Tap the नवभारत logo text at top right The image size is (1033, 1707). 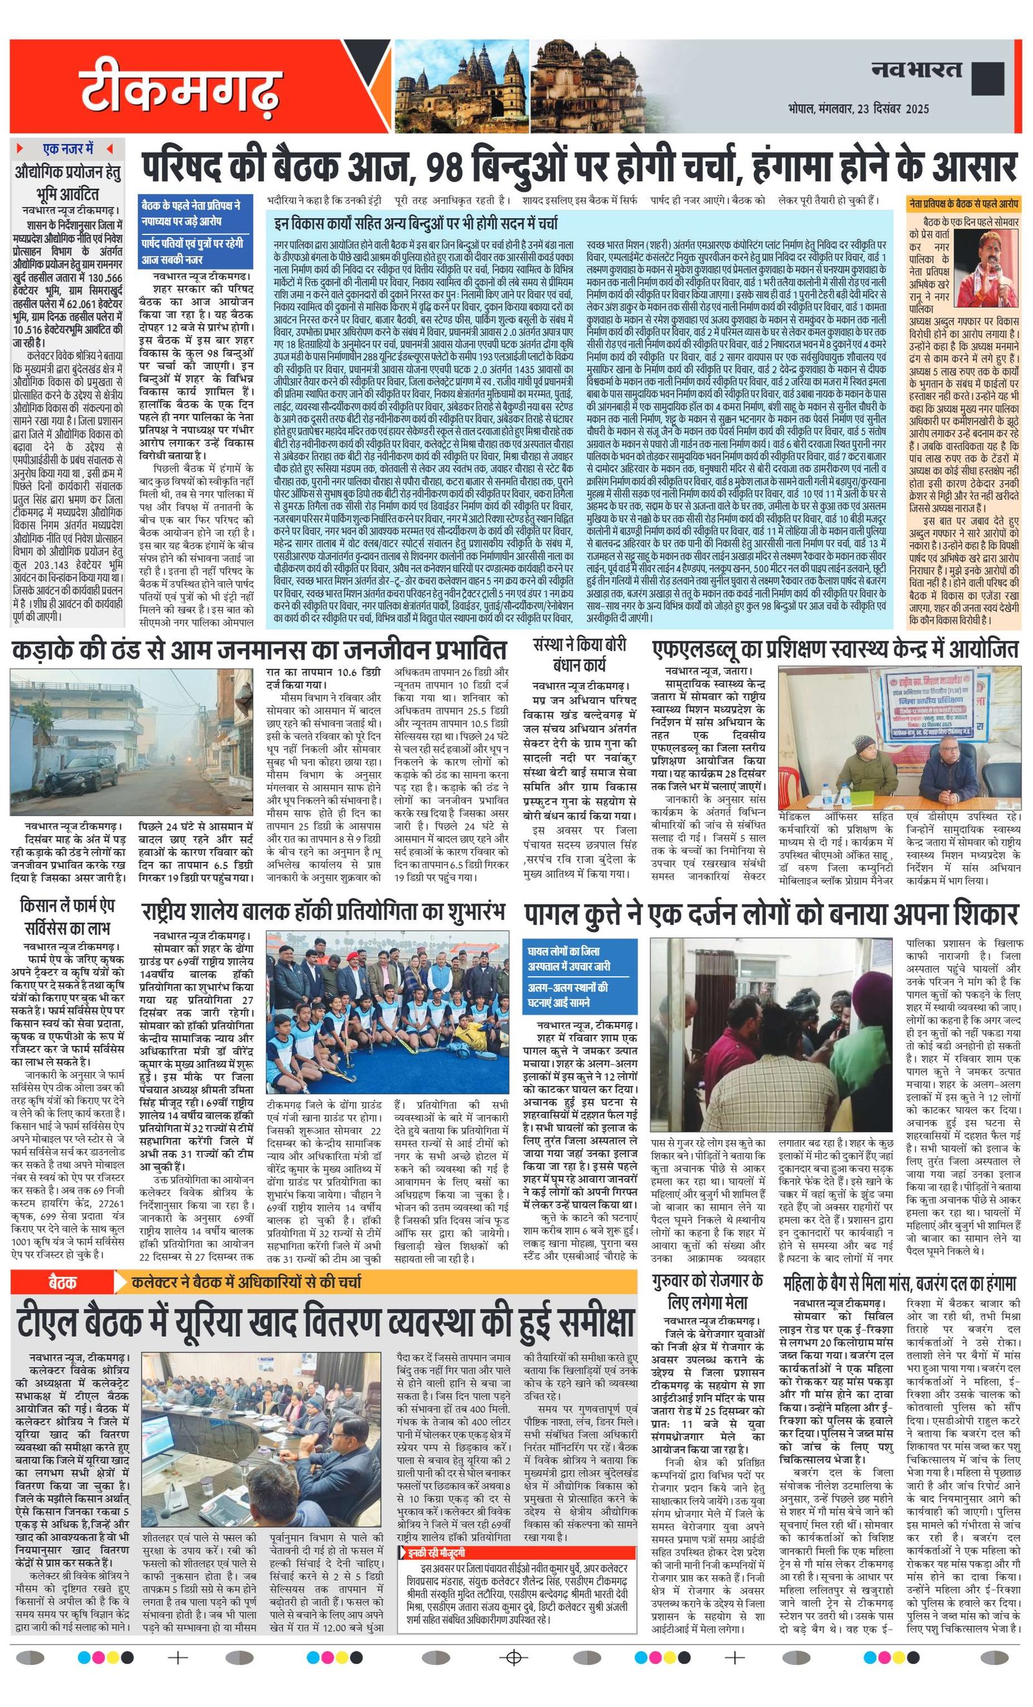(917, 69)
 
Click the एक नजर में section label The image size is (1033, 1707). (67, 148)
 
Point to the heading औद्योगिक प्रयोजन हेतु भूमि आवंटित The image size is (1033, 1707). (67, 182)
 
